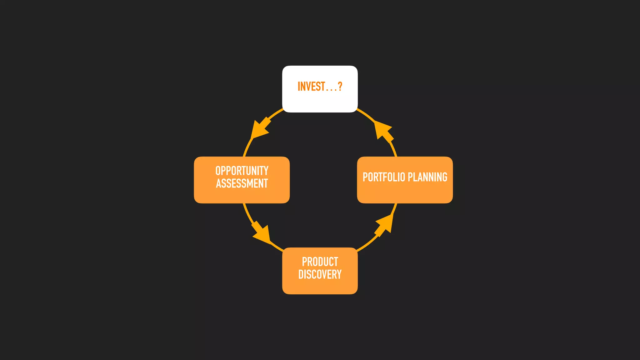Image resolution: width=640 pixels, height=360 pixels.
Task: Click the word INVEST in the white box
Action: pos(311,87)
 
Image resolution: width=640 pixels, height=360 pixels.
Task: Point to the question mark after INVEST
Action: pos(340,87)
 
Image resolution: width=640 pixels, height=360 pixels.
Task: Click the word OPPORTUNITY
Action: pos(242,171)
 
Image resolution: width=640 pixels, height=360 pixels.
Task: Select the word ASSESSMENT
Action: pos(242,183)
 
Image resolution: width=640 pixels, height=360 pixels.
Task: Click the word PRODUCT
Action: pos(320,262)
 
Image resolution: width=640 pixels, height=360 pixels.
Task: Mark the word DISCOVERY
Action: pos(320,274)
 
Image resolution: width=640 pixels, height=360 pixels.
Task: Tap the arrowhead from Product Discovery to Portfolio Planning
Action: pos(384,224)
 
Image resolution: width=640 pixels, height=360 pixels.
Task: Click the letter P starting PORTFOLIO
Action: pos(365,177)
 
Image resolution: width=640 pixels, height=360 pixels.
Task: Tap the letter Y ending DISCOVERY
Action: pos(339,274)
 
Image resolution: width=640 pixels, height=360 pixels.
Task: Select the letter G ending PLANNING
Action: pos(444,177)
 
